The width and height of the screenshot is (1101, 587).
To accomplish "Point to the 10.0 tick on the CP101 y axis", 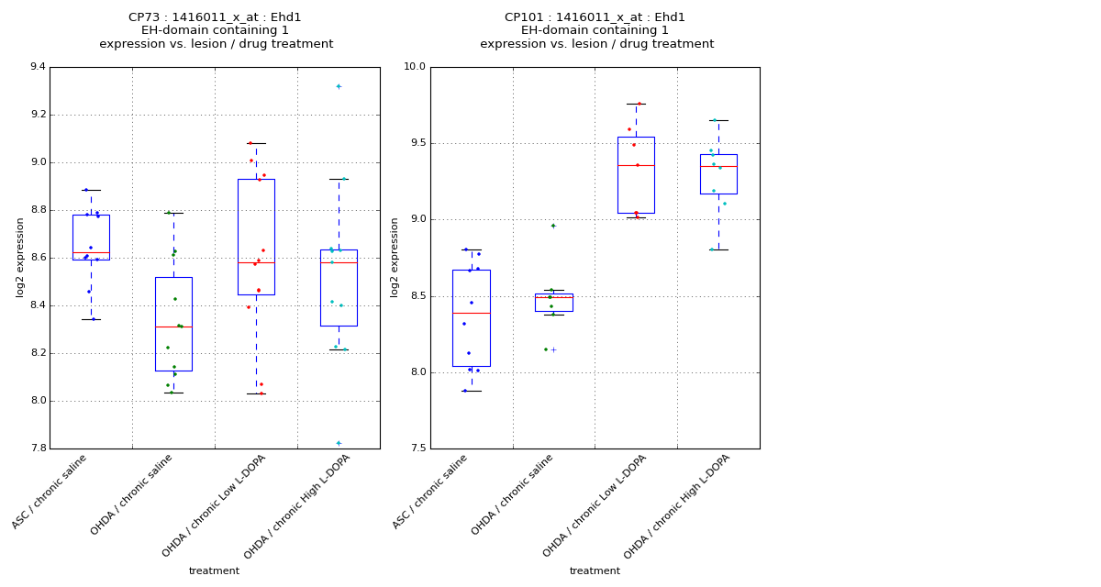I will pyautogui.click(x=414, y=67).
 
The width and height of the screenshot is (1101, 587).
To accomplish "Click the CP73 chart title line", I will pyautogui.click(x=215, y=17).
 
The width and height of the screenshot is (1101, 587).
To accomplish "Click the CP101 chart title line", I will pyautogui.click(x=595, y=17).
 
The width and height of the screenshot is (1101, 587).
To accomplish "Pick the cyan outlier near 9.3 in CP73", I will pyautogui.click(x=339, y=86).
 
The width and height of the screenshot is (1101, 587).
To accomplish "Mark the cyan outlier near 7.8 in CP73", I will pyautogui.click(x=339, y=443).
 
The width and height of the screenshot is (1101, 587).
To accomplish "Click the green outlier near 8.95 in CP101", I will pyautogui.click(x=553, y=226).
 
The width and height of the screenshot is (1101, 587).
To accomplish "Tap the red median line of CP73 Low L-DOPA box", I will pyautogui.click(x=256, y=263).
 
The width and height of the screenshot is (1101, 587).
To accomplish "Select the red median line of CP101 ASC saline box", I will pyautogui.click(x=471, y=313).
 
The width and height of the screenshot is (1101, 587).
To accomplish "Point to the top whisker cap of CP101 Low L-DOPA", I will pyautogui.click(x=636, y=104).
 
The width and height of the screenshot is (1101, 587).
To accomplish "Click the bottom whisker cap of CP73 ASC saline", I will pyautogui.click(x=91, y=319).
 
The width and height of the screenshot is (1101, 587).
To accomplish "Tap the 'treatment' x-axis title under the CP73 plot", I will pyautogui.click(x=214, y=571).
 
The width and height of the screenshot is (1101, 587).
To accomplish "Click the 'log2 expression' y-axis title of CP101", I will pyautogui.click(x=395, y=257).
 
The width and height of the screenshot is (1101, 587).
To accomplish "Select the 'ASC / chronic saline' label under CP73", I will pyautogui.click(x=50, y=492).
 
